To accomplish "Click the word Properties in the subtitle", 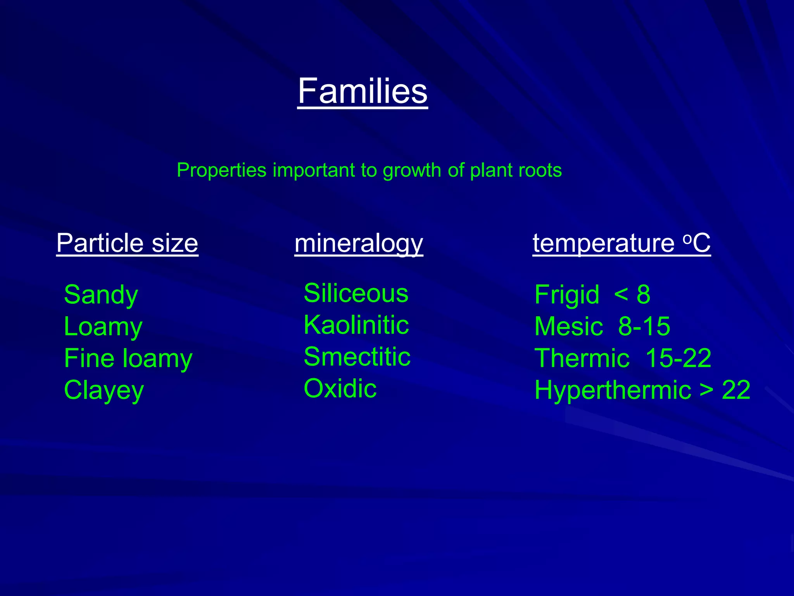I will (221, 170).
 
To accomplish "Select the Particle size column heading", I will (127, 243).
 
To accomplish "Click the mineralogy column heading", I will (359, 244).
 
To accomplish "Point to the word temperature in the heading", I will (603, 243).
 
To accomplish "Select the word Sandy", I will (101, 295).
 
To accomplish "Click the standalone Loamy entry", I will (103, 327).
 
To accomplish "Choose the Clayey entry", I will (104, 390).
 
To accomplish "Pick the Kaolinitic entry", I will (356, 325).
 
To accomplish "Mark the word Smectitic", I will (357, 357).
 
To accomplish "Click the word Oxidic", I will (340, 388).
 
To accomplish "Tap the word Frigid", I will (566, 295).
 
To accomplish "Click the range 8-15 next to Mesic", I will (644, 326).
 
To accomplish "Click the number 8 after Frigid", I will (643, 295).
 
